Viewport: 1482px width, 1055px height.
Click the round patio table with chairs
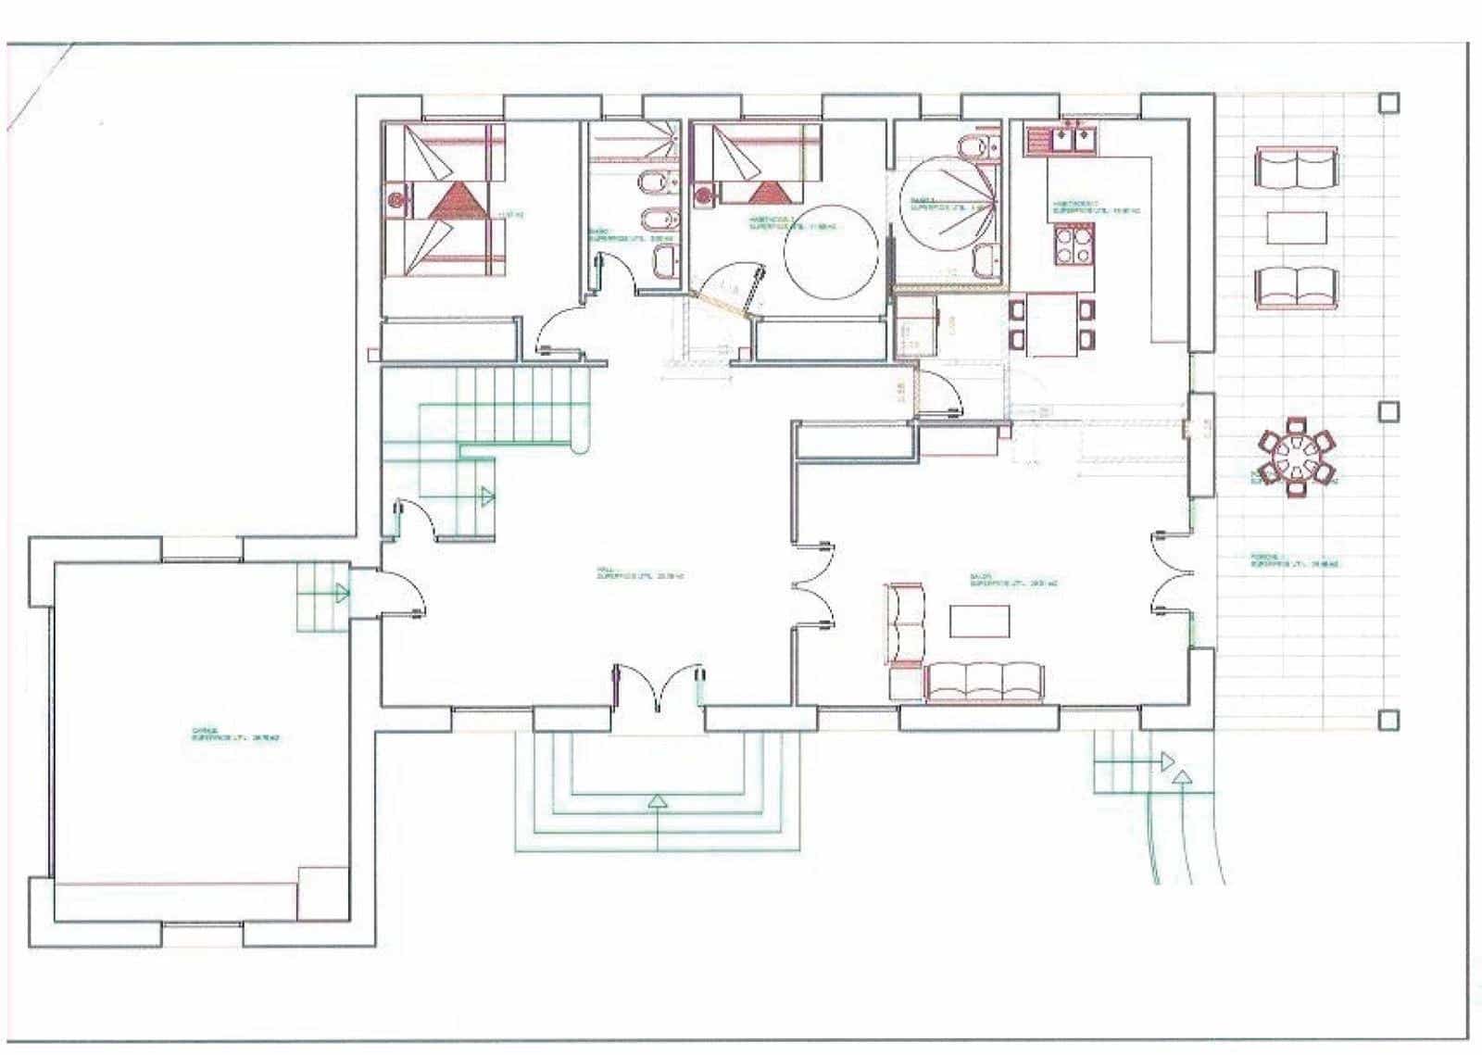1296,455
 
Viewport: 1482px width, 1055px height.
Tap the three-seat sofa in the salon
985,682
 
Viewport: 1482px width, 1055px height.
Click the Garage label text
235,735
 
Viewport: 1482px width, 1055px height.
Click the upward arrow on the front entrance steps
657,802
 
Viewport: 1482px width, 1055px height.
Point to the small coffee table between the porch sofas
1296,227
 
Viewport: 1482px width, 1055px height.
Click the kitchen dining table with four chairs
1051,324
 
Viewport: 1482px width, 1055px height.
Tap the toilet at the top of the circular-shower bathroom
972,147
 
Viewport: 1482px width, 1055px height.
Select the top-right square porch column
1388,103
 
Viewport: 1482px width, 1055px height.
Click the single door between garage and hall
404,593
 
